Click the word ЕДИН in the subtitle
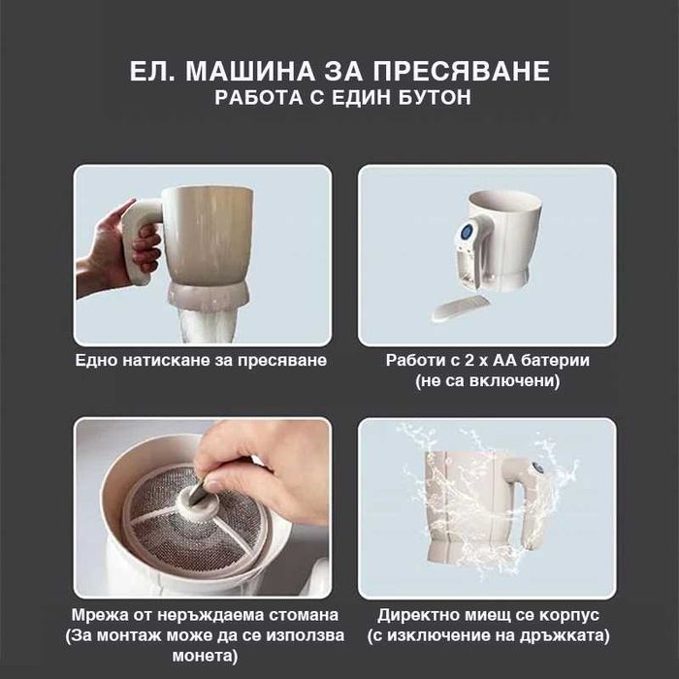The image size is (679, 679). click(x=363, y=99)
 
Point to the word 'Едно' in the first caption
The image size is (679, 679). click(x=98, y=361)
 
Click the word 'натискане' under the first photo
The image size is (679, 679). click(x=168, y=361)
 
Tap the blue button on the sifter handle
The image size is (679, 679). click(x=467, y=234)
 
